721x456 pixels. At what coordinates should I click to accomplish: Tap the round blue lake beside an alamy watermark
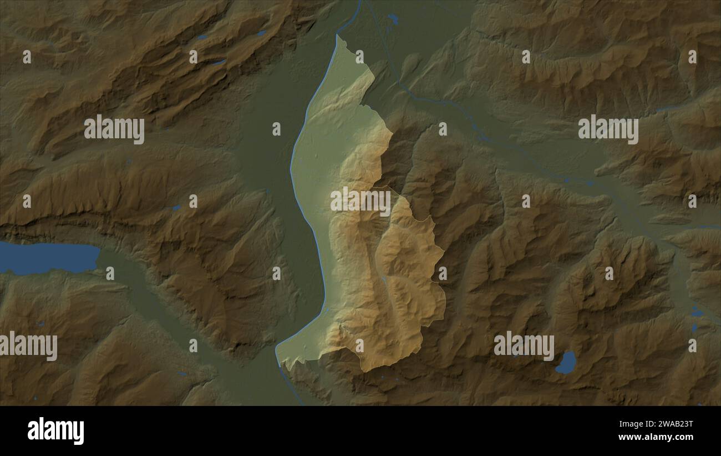[566, 362]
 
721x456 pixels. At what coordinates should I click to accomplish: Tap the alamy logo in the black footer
[55, 431]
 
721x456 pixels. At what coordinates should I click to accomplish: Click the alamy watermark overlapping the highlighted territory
[360, 201]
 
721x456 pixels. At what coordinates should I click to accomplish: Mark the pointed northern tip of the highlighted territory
[337, 37]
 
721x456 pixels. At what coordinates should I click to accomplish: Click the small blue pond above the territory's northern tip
[393, 19]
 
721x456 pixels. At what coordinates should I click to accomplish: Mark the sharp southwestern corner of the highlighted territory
[277, 350]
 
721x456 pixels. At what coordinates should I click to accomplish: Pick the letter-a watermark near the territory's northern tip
[359, 57]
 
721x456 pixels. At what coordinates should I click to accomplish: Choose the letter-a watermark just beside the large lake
[110, 273]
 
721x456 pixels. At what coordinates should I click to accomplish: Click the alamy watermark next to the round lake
[524, 345]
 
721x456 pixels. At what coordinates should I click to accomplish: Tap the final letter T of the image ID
[689, 424]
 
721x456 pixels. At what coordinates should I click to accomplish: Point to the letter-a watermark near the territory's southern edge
[359, 345]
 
